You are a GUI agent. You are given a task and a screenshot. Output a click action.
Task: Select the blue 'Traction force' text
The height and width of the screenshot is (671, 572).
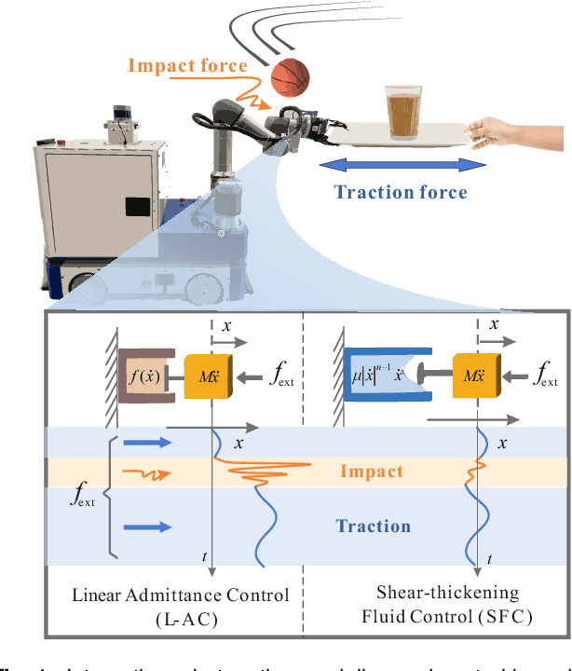click(x=400, y=192)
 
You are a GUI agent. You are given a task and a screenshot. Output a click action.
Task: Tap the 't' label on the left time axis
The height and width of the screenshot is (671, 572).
click(x=204, y=557)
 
